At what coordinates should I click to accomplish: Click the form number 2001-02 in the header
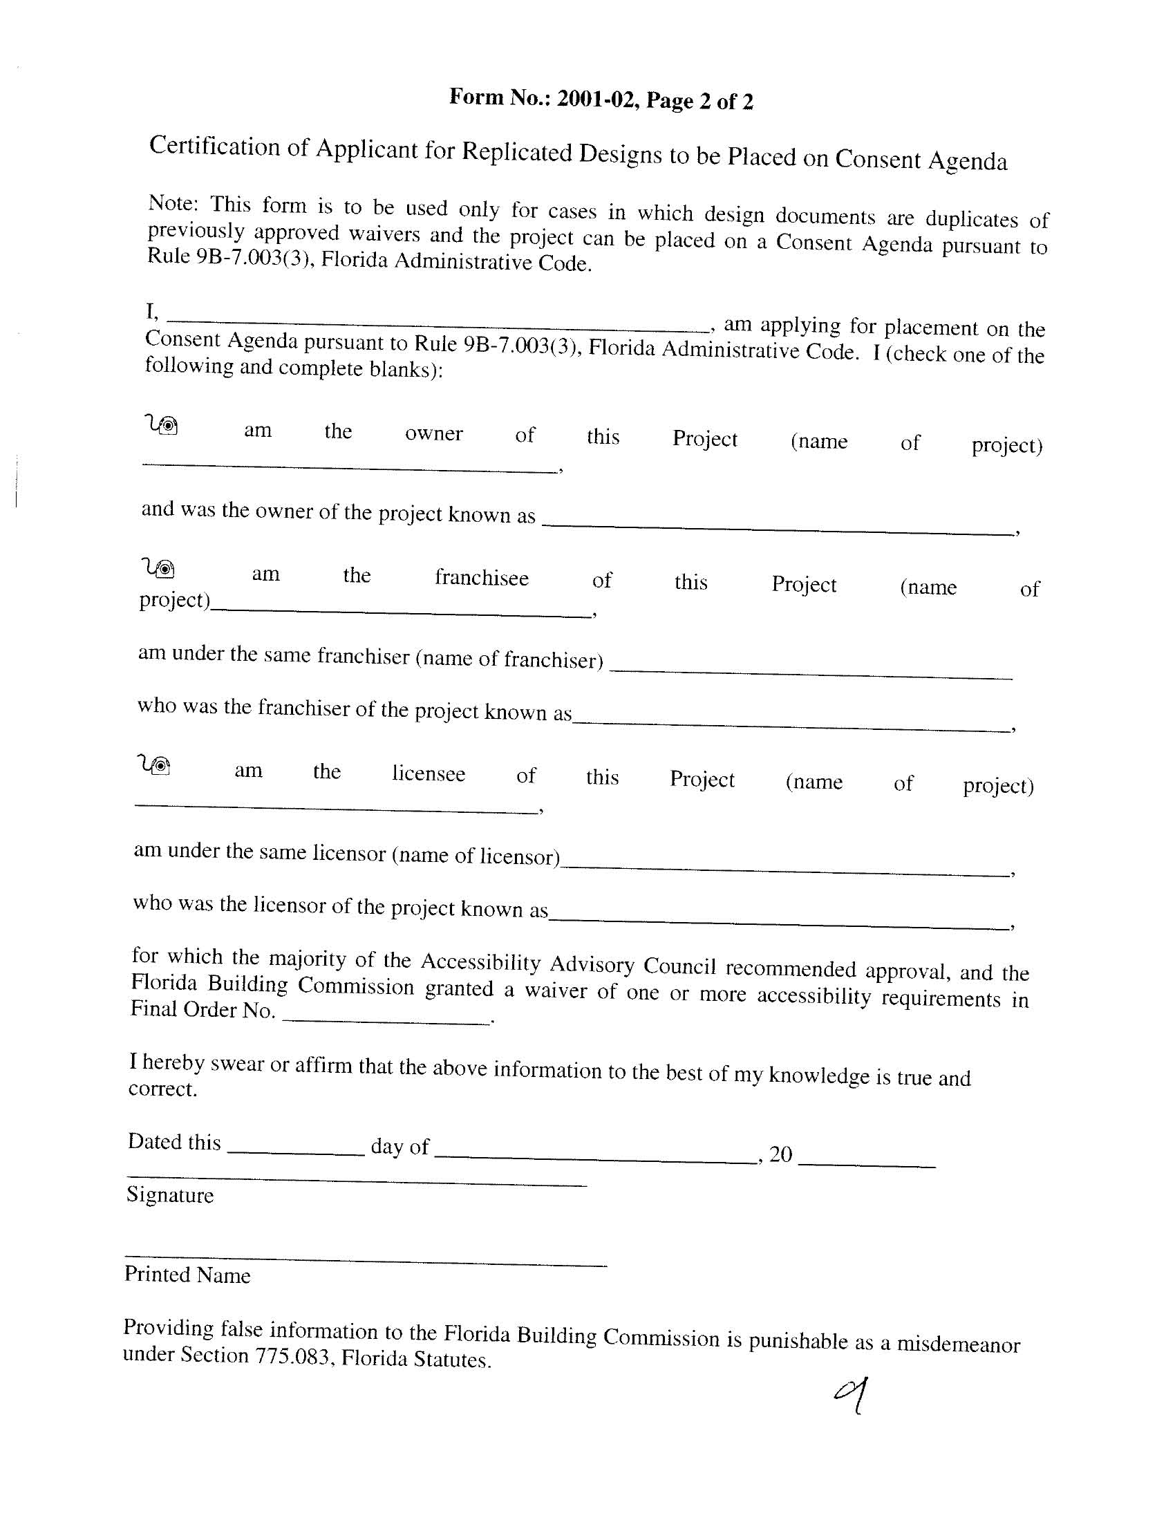pyautogui.click(x=596, y=100)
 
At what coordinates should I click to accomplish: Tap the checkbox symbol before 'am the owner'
pyautogui.click(x=162, y=424)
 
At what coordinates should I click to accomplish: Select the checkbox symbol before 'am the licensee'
pyautogui.click(x=156, y=765)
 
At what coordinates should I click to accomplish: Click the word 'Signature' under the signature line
pyautogui.click(x=170, y=1195)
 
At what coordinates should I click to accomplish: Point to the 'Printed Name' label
pyautogui.click(x=187, y=1275)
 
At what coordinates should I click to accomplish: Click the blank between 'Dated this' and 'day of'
pyautogui.click(x=296, y=1153)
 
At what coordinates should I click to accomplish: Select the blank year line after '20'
pyautogui.click(x=867, y=1164)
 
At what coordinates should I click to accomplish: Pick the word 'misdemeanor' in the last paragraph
pyautogui.click(x=958, y=1343)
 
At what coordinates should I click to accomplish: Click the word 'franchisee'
pyautogui.click(x=482, y=578)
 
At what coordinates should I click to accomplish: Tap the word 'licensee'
pyautogui.click(x=428, y=773)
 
